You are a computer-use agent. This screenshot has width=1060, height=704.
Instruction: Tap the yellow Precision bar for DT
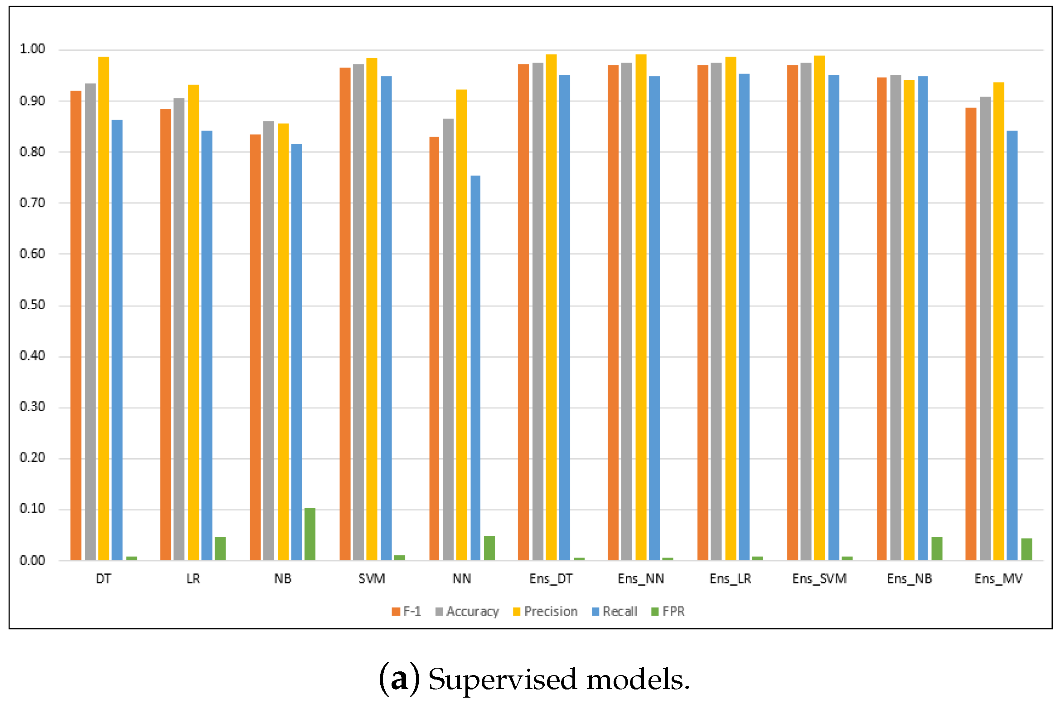point(104,308)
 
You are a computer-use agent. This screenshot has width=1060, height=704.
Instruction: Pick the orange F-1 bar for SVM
point(345,314)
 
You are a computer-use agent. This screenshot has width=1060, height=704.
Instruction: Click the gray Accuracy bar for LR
point(179,329)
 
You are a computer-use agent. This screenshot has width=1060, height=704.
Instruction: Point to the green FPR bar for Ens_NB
point(937,549)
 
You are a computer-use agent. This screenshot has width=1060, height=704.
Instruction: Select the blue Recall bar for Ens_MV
point(1012,345)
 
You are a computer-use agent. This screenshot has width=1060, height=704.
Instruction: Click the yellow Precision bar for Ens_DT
point(551,307)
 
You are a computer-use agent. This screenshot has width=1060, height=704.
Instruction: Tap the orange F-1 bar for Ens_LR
point(702,313)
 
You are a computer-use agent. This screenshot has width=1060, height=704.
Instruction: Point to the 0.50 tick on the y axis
point(32,305)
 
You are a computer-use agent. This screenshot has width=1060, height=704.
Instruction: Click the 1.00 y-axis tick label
point(32,49)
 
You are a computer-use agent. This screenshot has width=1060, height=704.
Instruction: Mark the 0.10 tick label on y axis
point(32,509)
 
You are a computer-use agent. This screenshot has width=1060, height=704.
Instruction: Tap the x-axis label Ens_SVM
point(819,579)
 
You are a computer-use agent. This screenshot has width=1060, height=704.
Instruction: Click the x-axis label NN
point(462,579)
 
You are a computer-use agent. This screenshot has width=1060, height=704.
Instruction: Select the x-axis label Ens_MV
point(998,579)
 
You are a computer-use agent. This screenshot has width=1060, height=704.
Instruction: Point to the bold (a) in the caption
point(399,680)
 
